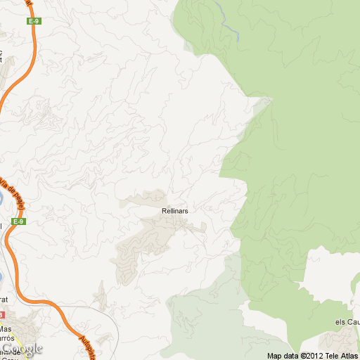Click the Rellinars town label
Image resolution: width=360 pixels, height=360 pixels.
(x=174, y=210)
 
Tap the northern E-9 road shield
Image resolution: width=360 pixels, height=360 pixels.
(x=33, y=21)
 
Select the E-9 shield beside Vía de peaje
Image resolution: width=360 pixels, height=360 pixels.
(x=20, y=222)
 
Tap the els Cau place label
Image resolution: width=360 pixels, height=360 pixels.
(x=347, y=322)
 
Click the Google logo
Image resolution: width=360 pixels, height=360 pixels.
(x=21, y=349)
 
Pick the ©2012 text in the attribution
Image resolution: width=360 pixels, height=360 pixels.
(x=312, y=355)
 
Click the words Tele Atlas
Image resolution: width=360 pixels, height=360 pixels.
(x=343, y=355)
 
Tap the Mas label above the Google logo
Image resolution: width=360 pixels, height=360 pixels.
(x=6, y=328)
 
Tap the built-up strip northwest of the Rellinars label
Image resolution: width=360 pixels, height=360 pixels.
(x=144, y=199)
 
